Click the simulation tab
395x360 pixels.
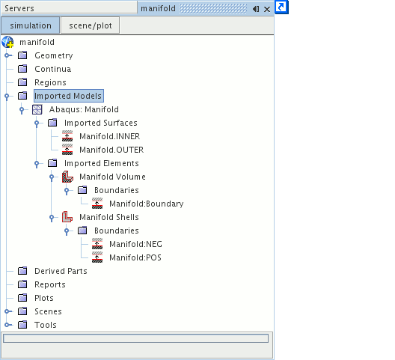tap(31, 25)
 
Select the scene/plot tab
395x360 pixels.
tap(91, 25)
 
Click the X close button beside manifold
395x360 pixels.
tap(267, 9)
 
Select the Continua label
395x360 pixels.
tap(52, 69)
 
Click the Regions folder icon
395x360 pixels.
tap(22, 82)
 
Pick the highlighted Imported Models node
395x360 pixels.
tap(68, 96)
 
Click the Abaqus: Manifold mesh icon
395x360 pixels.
tap(37, 109)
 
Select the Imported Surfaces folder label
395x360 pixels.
tap(101, 123)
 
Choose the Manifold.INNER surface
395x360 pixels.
tap(109, 136)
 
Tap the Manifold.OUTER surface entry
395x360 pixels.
tap(111, 150)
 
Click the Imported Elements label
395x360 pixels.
tap(102, 163)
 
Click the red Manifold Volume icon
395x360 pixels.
tap(67, 177)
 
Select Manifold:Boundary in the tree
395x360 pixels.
tap(147, 204)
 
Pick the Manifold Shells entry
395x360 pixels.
tap(109, 217)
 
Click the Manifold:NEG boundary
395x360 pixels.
tap(136, 244)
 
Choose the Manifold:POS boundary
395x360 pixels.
tap(135, 257)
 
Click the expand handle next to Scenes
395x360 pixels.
tap(7, 311)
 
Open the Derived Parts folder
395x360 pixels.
tap(61, 271)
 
